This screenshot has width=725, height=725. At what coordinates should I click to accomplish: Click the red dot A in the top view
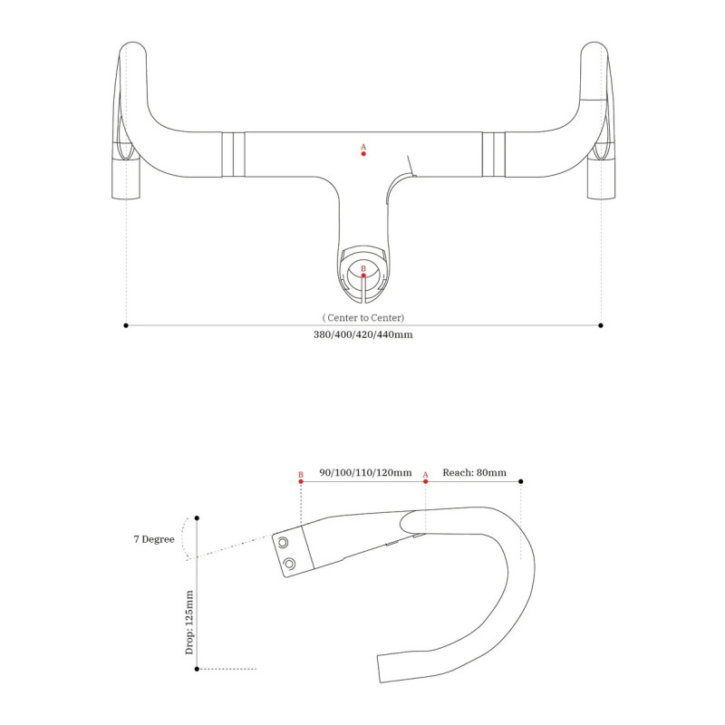[x=363, y=153]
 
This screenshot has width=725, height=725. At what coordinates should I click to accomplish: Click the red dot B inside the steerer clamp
[x=363, y=275]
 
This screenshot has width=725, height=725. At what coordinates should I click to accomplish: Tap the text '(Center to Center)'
[x=363, y=318]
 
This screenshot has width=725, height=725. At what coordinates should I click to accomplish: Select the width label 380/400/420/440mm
[x=363, y=334]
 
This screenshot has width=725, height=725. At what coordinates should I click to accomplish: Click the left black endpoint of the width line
[x=126, y=325]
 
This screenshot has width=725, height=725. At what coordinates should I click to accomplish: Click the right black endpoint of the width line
[x=601, y=325]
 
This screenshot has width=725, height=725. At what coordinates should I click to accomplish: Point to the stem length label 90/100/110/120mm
[x=365, y=472]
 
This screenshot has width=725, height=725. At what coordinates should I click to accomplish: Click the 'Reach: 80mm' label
[x=474, y=472]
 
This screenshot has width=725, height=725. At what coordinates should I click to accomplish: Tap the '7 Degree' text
[x=154, y=539]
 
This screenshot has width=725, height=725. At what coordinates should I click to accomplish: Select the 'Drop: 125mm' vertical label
[x=189, y=623]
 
